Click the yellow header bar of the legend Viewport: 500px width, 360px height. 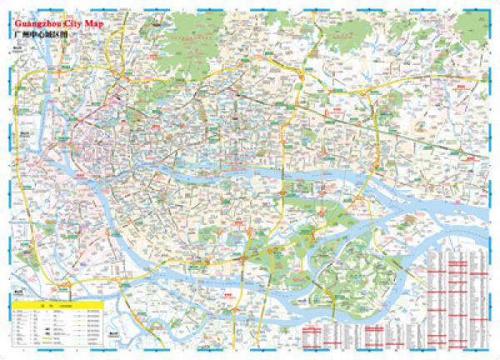click(58, 306)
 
